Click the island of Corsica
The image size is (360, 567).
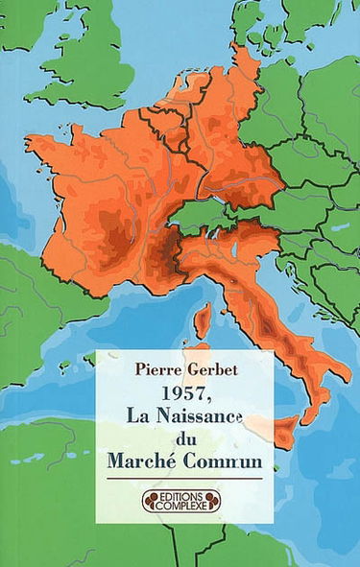click(x=204, y=320)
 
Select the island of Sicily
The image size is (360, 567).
click(x=285, y=435)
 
